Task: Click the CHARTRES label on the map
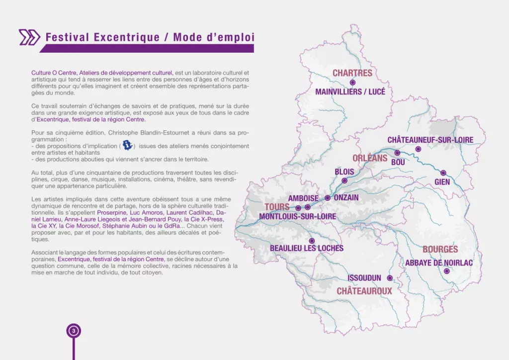[x=352, y=73]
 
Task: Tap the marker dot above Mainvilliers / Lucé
[x=352, y=83]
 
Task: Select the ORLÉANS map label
[x=369, y=158]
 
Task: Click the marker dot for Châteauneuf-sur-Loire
[x=418, y=149]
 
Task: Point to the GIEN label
[x=442, y=182]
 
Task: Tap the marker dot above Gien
[x=443, y=173]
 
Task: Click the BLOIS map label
[x=344, y=172]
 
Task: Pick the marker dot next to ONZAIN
[x=327, y=198]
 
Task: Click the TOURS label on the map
[x=277, y=207]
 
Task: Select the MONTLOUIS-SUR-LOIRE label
[x=297, y=217]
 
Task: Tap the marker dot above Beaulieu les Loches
[x=312, y=241]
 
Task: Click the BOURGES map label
[x=440, y=250]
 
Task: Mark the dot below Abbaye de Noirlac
[x=446, y=271]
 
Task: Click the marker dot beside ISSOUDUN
[x=390, y=278]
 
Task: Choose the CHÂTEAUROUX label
[x=364, y=291]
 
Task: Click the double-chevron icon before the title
[x=29, y=37]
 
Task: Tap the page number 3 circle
[x=74, y=331]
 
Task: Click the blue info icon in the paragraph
[x=128, y=145]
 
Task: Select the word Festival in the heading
[x=67, y=37]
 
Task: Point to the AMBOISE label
[x=303, y=198]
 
